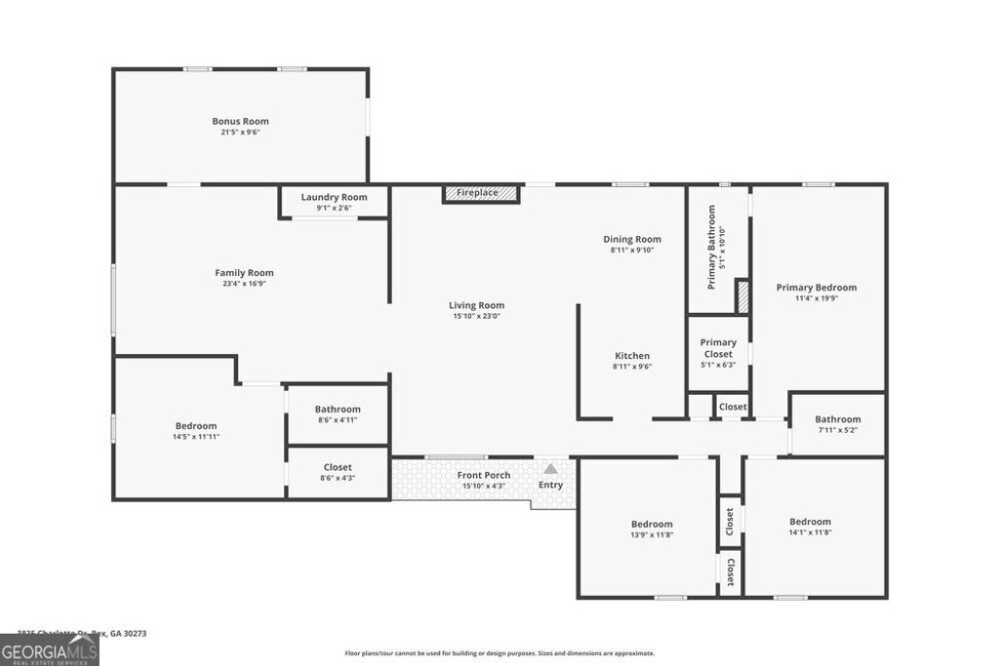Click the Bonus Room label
[x=240, y=122]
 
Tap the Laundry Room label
[x=334, y=197]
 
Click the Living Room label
[x=476, y=305]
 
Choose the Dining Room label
[x=632, y=239]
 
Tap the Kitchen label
[x=631, y=356]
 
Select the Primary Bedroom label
[x=816, y=288]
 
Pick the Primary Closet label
[x=718, y=348]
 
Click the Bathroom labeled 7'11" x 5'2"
[x=837, y=419]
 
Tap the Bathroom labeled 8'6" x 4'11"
[x=338, y=410]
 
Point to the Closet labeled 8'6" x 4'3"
[x=337, y=468]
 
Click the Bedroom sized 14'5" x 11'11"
[x=196, y=426]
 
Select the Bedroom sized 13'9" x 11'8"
[x=651, y=524]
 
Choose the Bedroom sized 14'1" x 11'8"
[x=810, y=522]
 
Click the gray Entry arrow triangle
[x=550, y=469]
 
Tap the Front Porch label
[x=484, y=475]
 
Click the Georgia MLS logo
[x=49, y=650]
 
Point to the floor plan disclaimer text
[x=499, y=653]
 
